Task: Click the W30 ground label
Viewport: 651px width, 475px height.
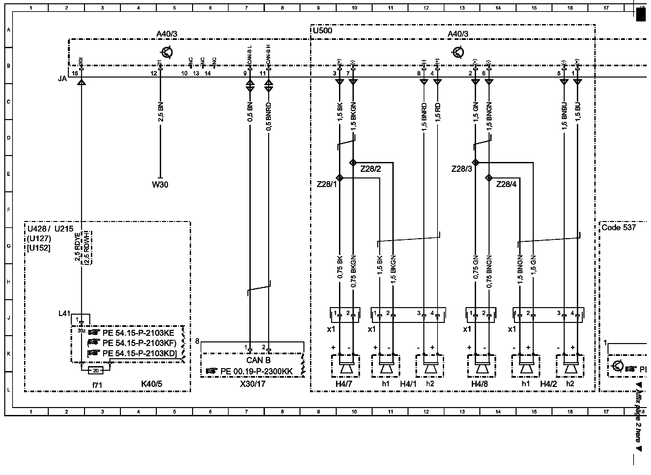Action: click(x=160, y=185)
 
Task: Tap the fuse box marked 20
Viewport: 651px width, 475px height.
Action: click(x=96, y=370)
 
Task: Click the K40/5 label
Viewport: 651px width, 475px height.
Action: click(x=152, y=384)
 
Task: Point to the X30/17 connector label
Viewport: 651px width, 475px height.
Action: click(x=253, y=384)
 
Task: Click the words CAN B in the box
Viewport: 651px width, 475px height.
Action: click(x=258, y=361)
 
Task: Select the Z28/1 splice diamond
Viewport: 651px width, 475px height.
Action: click(x=339, y=178)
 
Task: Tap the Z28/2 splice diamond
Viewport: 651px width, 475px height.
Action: click(x=353, y=163)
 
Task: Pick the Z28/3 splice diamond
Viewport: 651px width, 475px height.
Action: click(x=475, y=163)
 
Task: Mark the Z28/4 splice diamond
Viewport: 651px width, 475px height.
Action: click(x=489, y=178)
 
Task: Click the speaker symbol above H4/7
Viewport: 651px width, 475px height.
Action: click(x=346, y=367)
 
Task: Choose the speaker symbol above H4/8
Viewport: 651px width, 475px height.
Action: click(x=482, y=367)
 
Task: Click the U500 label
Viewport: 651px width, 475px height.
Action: click(x=322, y=31)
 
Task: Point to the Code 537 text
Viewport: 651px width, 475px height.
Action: click(x=618, y=228)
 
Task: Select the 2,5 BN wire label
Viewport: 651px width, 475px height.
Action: click(x=161, y=112)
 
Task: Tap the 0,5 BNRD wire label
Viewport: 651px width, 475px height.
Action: click(x=269, y=116)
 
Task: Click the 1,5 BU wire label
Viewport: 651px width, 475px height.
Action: click(x=578, y=112)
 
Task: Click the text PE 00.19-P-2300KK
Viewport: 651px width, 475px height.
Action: click(x=256, y=372)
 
